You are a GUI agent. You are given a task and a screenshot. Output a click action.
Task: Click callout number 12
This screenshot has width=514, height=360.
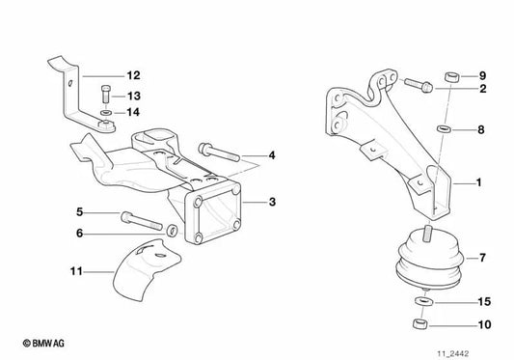(x=133, y=74)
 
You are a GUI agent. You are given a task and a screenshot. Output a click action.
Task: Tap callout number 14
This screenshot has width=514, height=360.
(x=133, y=112)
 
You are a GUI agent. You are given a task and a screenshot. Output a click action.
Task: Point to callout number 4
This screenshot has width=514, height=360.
(x=272, y=154)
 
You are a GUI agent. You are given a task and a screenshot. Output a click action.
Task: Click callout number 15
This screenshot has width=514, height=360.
(x=485, y=302)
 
